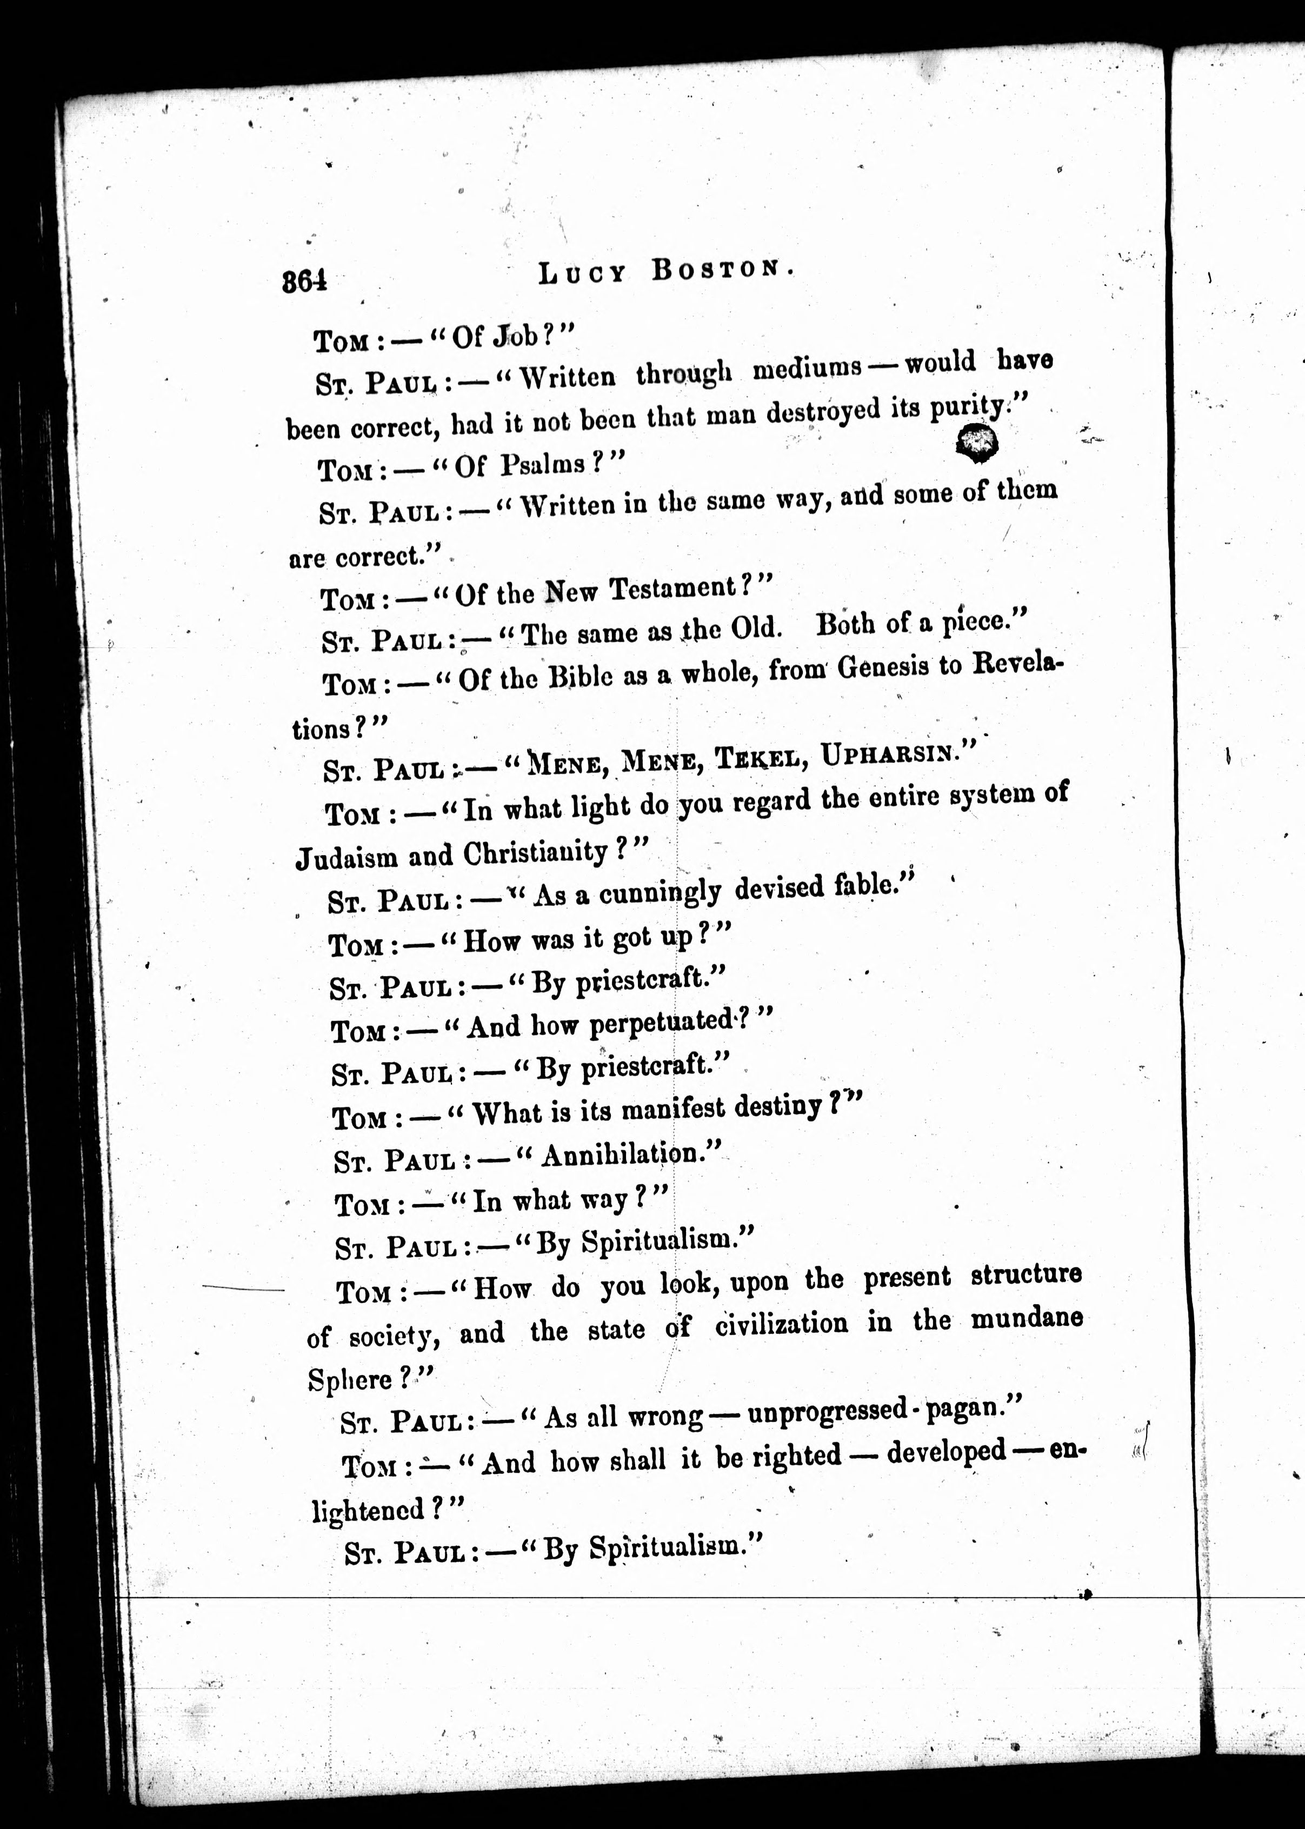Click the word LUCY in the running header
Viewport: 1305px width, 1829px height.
pos(582,274)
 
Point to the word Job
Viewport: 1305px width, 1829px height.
pos(514,337)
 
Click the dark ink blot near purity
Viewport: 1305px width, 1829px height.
pos(976,443)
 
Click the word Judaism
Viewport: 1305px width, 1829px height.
pos(347,857)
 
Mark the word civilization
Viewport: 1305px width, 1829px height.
pos(781,1324)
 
